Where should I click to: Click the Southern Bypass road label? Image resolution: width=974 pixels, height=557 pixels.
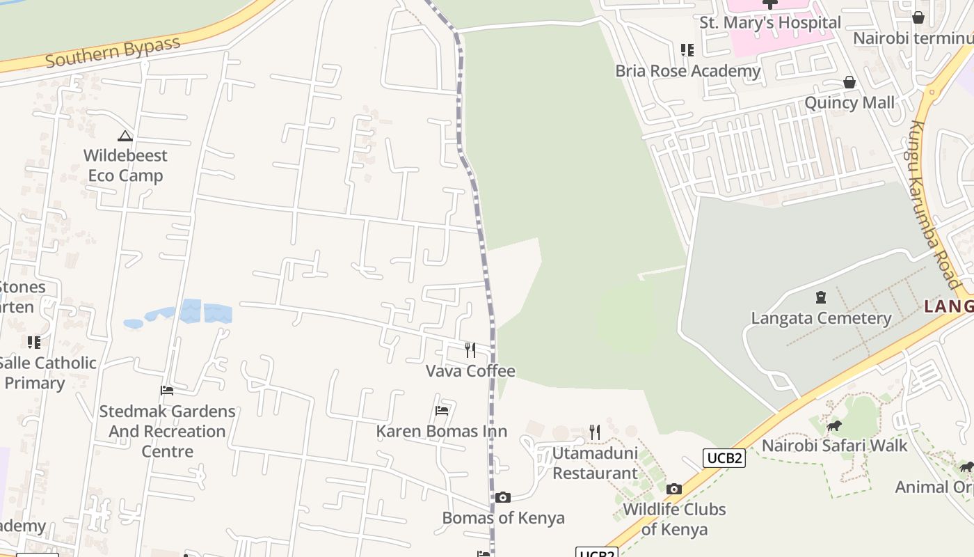point(113,52)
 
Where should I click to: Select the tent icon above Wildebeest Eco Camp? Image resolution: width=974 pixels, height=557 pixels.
point(125,136)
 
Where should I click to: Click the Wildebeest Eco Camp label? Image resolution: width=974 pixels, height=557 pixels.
point(125,165)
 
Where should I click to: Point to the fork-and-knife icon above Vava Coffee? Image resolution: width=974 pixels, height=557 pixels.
point(470,350)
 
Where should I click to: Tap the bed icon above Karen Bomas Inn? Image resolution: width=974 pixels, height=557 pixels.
point(442,411)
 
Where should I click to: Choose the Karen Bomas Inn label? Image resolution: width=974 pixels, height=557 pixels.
point(442,431)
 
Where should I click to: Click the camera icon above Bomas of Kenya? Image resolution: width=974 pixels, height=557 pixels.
point(503,497)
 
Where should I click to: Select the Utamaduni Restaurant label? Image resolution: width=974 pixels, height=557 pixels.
point(595,463)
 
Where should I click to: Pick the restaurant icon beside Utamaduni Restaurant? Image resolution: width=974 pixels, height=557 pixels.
point(595,432)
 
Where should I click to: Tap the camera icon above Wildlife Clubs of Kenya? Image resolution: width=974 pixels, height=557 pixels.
point(673,489)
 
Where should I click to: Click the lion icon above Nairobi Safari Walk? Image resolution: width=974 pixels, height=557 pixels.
point(833,425)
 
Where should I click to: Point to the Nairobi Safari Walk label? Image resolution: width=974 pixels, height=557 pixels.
point(835,446)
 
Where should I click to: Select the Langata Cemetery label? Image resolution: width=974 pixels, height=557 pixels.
point(821,318)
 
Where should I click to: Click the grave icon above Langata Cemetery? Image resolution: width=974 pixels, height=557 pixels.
point(821,298)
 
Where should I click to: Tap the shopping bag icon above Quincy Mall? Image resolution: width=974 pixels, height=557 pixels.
point(849,82)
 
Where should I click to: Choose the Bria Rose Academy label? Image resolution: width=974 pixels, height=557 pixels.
point(687,71)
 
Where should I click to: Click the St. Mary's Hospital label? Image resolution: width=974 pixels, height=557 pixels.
point(770,22)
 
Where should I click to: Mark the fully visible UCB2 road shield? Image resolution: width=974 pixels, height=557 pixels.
point(724,458)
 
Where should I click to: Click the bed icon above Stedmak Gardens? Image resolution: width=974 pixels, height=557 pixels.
point(167,391)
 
